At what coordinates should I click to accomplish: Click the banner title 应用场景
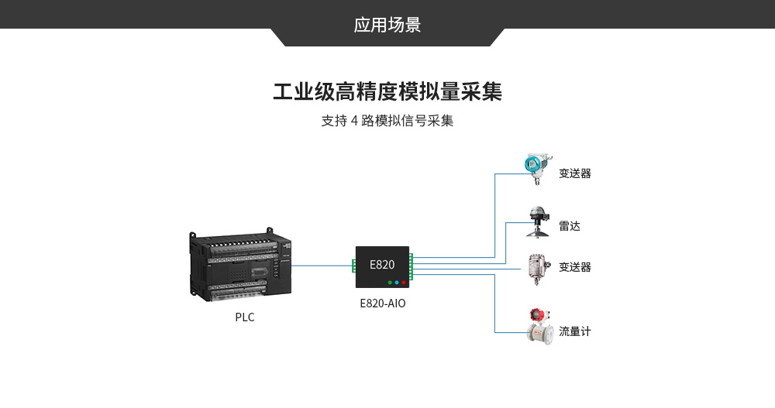pyautogui.click(x=387, y=25)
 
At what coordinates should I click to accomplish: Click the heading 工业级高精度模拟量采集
pyautogui.click(x=387, y=92)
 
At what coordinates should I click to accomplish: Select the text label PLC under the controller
pyautogui.click(x=244, y=317)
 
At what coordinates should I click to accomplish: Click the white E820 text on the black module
pyautogui.click(x=381, y=264)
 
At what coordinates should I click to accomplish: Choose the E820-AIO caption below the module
pyautogui.click(x=382, y=303)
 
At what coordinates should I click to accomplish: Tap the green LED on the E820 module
pyautogui.click(x=389, y=283)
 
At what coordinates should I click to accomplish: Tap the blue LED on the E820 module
pyautogui.click(x=397, y=283)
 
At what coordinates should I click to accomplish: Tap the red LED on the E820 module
pyautogui.click(x=404, y=283)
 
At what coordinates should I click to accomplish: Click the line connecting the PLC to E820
pyautogui.click(x=322, y=266)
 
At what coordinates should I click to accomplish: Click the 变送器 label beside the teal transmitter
pyautogui.click(x=574, y=173)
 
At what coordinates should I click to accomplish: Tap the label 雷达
pyautogui.click(x=569, y=226)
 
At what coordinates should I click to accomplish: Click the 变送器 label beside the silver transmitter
pyautogui.click(x=574, y=267)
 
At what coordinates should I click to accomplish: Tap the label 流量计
pyautogui.click(x=574, y=331)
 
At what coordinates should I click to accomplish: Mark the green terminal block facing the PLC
pyautogui.click(x=353, y=266)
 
